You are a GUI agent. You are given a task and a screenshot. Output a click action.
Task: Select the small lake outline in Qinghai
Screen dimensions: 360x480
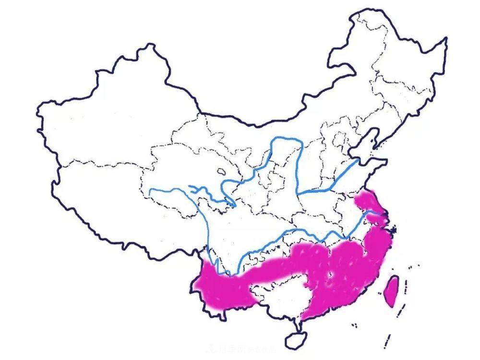point(221,171)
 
